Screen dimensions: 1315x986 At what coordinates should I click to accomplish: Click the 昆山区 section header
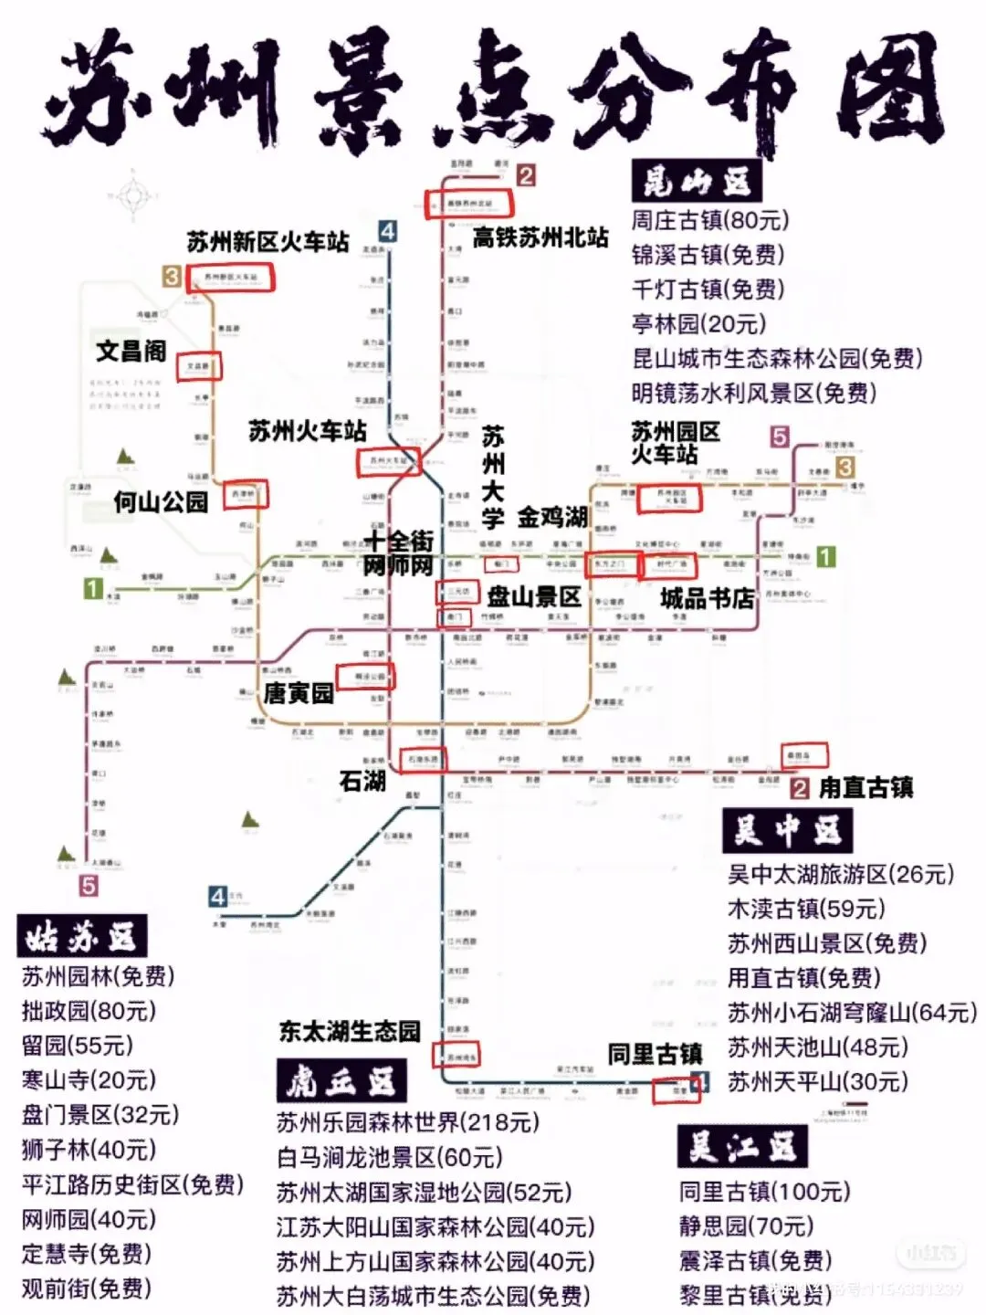tap(697, 182)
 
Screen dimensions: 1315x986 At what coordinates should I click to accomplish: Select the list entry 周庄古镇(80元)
tap(710, 220)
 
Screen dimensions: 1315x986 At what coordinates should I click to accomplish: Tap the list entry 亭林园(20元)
tap(698, 324)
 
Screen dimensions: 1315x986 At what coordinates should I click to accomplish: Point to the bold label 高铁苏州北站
tap(540, 237)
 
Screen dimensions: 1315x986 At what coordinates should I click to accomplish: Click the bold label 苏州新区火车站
tap(268, 242)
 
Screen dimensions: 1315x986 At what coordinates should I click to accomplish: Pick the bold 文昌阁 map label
tap(131, 351)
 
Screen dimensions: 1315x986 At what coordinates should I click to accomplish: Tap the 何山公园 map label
tap(161, 501)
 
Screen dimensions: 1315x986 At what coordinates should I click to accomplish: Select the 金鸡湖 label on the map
tap(552, 518)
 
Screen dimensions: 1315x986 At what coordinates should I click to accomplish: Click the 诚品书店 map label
tap(708, 598)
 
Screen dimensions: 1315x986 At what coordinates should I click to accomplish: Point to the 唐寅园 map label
tap(299, 694)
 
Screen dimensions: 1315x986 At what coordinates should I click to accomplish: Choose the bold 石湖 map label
tap(362, 781)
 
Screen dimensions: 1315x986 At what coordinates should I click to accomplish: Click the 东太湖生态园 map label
tap(350, 1032)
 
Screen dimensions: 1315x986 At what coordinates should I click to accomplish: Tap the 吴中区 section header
tap(787, 831)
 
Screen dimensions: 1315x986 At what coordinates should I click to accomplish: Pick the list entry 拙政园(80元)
tap(89, 1011)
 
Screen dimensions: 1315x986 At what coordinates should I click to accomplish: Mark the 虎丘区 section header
tap(341, 1082)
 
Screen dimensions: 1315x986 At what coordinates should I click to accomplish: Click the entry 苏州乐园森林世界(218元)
tap(407, 1122)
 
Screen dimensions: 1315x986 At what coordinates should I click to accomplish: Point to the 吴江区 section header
tap(742, 1147)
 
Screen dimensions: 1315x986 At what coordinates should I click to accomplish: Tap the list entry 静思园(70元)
tap(746, 1226)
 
